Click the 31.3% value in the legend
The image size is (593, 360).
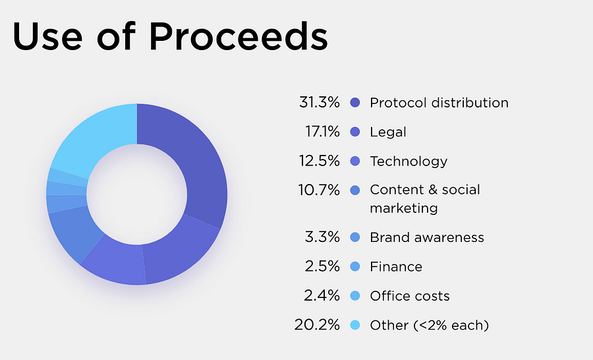[319, 103]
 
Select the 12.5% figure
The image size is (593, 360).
[320, 161]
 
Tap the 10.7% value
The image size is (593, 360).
[320, 190]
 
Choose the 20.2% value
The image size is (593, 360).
[318, 324]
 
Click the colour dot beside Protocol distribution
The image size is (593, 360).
[356, 103]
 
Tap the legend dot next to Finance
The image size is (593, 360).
[356, 266]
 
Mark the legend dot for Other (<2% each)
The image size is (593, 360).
[356, 324]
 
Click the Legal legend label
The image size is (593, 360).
[388, 132]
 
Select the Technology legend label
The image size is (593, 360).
[409, 161]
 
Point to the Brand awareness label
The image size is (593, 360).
[427, 237]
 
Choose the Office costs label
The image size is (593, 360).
[410, 295]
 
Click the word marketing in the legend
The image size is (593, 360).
[404, 208]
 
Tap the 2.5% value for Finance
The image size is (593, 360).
[322, 266]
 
